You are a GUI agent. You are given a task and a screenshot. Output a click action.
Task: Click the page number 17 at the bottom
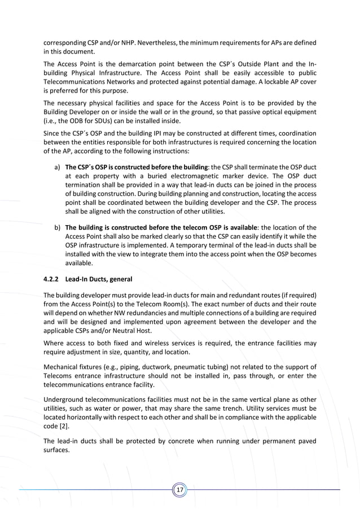tap(180, 490)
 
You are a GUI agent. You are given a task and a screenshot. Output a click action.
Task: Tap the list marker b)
tap(58, 227)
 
